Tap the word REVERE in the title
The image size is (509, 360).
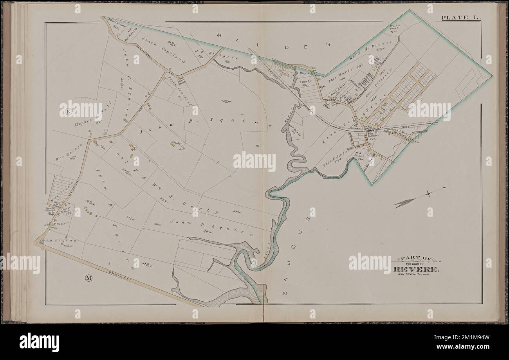pos(417,270)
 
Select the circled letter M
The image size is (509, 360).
pos(88,278)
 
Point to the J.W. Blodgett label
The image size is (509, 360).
pos(207,54)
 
